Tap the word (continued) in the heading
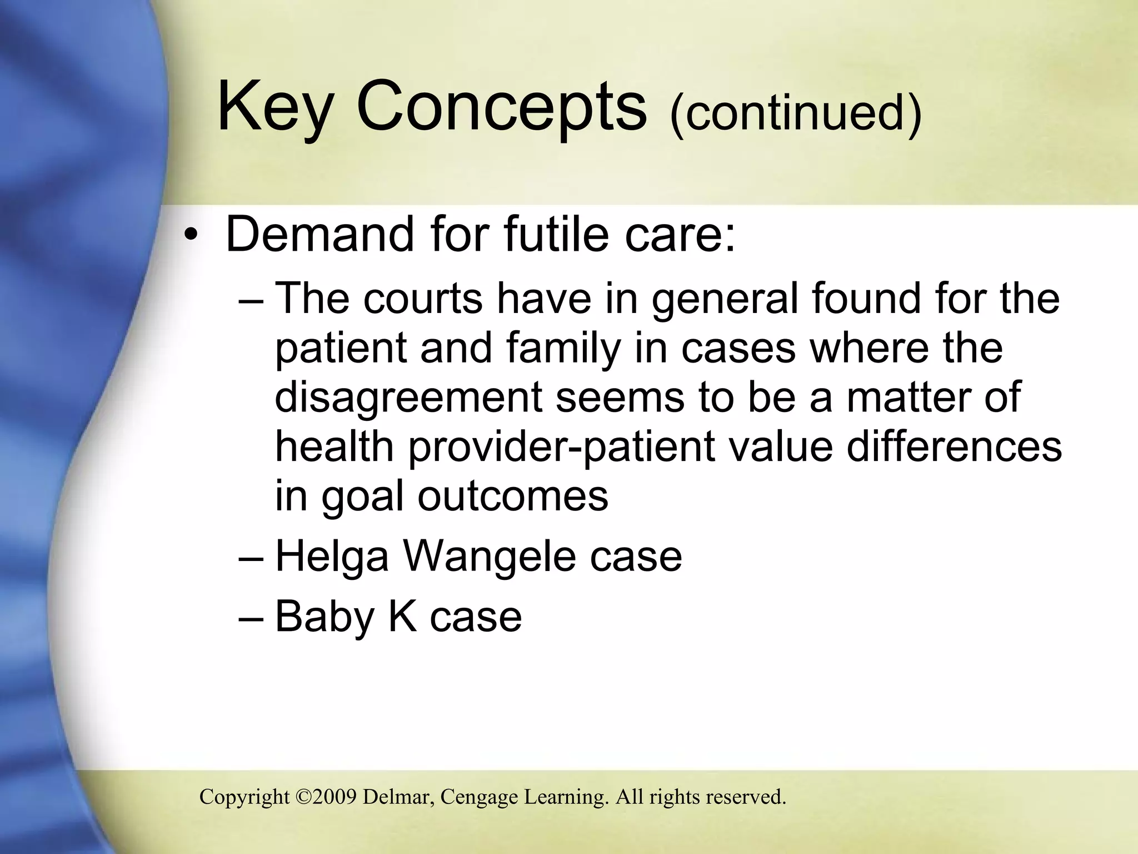[x=796, y=112]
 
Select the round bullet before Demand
[x=191, y=237]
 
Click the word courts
[x=423, y=299]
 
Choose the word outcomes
[x=513, y=496]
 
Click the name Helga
[x=332, y=557]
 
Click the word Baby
[x=325, y=617]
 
